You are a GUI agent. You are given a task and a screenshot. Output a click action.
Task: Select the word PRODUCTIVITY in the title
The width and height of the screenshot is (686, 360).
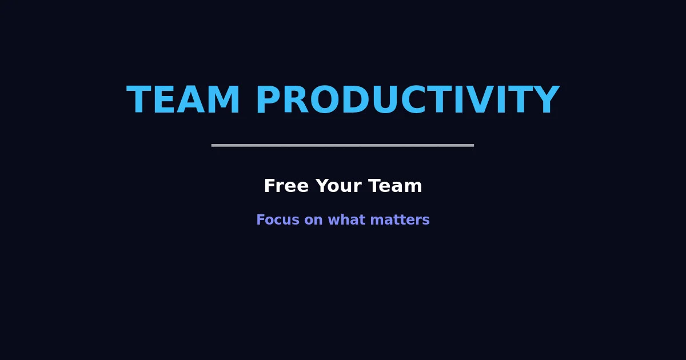[x=406, y=101]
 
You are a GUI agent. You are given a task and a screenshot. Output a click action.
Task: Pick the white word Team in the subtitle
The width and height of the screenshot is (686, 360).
[x=395, y=186]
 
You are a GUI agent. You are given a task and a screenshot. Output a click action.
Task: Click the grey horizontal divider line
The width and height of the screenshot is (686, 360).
[x=342, y=145]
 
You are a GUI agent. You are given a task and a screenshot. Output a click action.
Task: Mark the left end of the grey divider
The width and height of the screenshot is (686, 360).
[x=213, y=145]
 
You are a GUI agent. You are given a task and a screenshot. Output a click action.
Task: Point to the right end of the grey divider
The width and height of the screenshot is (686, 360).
[x=472, y=145]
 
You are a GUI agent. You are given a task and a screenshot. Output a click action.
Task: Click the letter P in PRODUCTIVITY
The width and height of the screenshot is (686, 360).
[x=268, y=101]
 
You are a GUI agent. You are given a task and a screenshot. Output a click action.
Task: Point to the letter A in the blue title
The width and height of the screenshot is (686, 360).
[x=191, y=101]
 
